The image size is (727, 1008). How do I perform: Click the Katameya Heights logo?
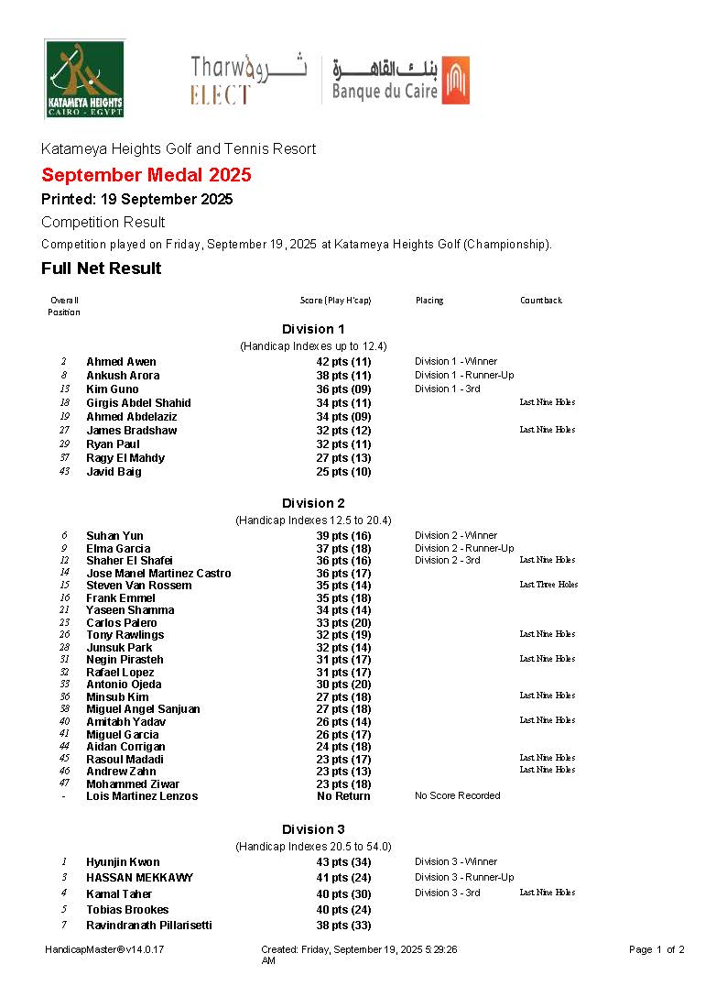(x=84, y=79)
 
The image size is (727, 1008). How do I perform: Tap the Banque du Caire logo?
(x=400, y=80)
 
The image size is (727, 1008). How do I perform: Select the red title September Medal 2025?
(x=146, y=175)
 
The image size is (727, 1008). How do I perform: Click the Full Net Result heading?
(x=101, y=268)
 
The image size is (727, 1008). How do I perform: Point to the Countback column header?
(x=541, y=301)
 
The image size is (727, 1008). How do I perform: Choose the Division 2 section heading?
(x=313, y=503)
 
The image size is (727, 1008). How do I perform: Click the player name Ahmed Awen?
(x=121, y=362)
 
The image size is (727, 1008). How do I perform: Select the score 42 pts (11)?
(x=343, y=362)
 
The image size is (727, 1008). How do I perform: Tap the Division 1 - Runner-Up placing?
(x=464, y=376)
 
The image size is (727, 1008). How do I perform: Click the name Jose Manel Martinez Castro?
(x=158, y=574)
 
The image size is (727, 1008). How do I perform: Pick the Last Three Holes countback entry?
(x=548, y=585)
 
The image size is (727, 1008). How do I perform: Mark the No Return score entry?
(x=343, y=796)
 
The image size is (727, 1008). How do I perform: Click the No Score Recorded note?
(x=457, y=796)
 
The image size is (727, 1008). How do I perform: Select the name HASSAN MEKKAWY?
(x=139, y=878)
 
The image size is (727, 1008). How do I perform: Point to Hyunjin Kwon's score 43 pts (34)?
(x=343, y=862)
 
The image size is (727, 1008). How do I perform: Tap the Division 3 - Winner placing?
(x=456, y=862)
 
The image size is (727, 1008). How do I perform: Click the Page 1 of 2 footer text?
(x=656, y=950)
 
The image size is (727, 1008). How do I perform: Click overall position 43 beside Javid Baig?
(x=64, y=472)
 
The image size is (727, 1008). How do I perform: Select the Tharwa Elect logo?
(x=248, y=80)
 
